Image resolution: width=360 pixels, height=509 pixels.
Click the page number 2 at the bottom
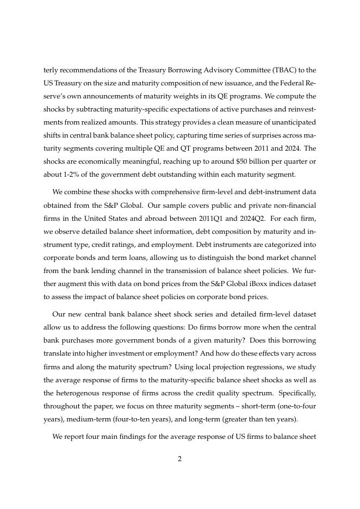click(x=179, y=458)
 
